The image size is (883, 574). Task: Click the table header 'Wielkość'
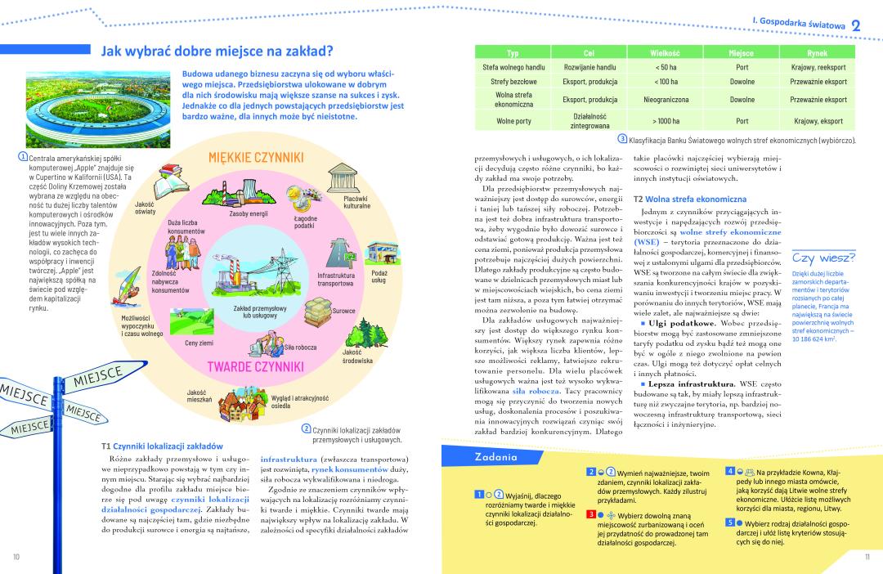[x=665, y=52]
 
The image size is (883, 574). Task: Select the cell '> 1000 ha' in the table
[x=665, y=121]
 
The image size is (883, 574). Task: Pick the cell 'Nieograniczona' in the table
[x=665, y=100]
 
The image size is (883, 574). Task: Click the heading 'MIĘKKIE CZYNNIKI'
[x=256, y=156]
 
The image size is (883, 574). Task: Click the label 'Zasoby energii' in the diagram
[x=249, y=214]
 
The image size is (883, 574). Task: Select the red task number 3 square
[x=589, y=513]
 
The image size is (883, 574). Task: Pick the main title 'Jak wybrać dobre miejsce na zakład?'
[x=217, y=51]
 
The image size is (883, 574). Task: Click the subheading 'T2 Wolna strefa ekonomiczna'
[x=690, y=199]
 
